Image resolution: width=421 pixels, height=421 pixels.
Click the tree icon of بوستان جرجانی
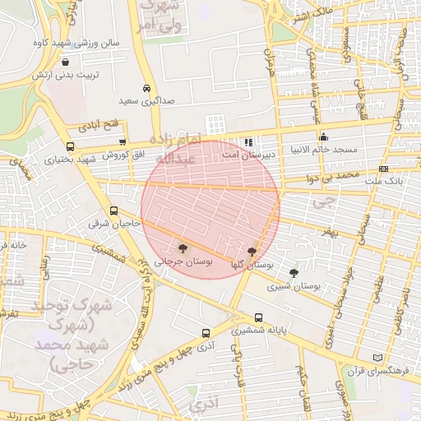(x=182, y=248)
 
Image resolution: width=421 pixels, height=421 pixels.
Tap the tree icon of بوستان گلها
(x=252, y=252)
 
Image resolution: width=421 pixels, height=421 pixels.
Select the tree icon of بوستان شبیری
(x=294, y=273)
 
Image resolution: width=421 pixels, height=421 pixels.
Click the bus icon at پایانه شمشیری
(x=259, y=317)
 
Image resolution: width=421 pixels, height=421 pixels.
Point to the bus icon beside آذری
(x=206, y=334)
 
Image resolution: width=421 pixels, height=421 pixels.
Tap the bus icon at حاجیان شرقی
(x=113, y=210)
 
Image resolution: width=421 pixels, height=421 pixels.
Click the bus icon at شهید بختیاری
(x=70, y=147)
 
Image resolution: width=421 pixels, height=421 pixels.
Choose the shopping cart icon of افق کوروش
(x=123, y=142)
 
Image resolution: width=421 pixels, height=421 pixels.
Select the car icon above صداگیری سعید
(x=146, y=88)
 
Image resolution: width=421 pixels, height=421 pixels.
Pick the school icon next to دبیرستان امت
(x=248, y=142)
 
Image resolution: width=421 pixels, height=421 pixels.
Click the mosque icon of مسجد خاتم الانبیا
(x=324, y=137)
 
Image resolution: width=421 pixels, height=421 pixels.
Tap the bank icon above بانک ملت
(x=383, y=169)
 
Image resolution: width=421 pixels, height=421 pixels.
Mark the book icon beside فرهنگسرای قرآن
(x=378, y=359)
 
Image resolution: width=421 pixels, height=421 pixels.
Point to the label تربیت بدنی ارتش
(x=65, y=75)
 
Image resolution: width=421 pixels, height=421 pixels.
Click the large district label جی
(x=326, y=199)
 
